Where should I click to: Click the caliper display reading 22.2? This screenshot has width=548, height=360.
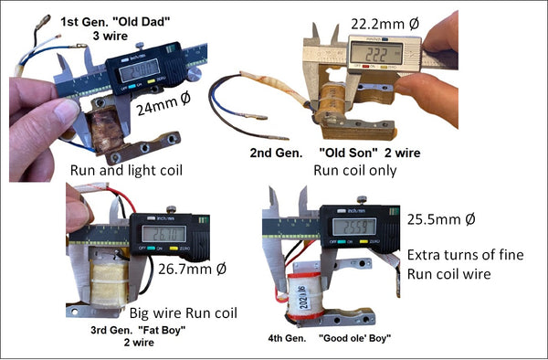377,54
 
